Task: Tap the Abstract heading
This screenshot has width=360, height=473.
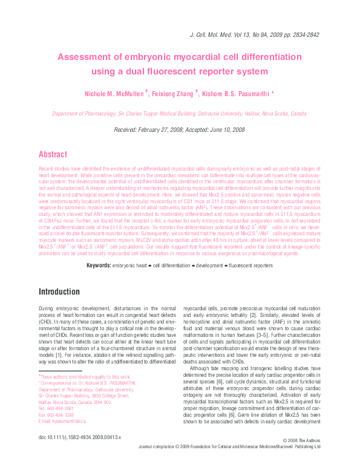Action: (53, 154)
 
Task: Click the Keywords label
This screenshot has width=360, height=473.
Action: (99, 265)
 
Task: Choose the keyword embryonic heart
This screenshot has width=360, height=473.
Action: (134, 265)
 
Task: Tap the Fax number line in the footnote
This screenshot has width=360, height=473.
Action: (56, 414)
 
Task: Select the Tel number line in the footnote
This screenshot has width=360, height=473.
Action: (56, 408)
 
